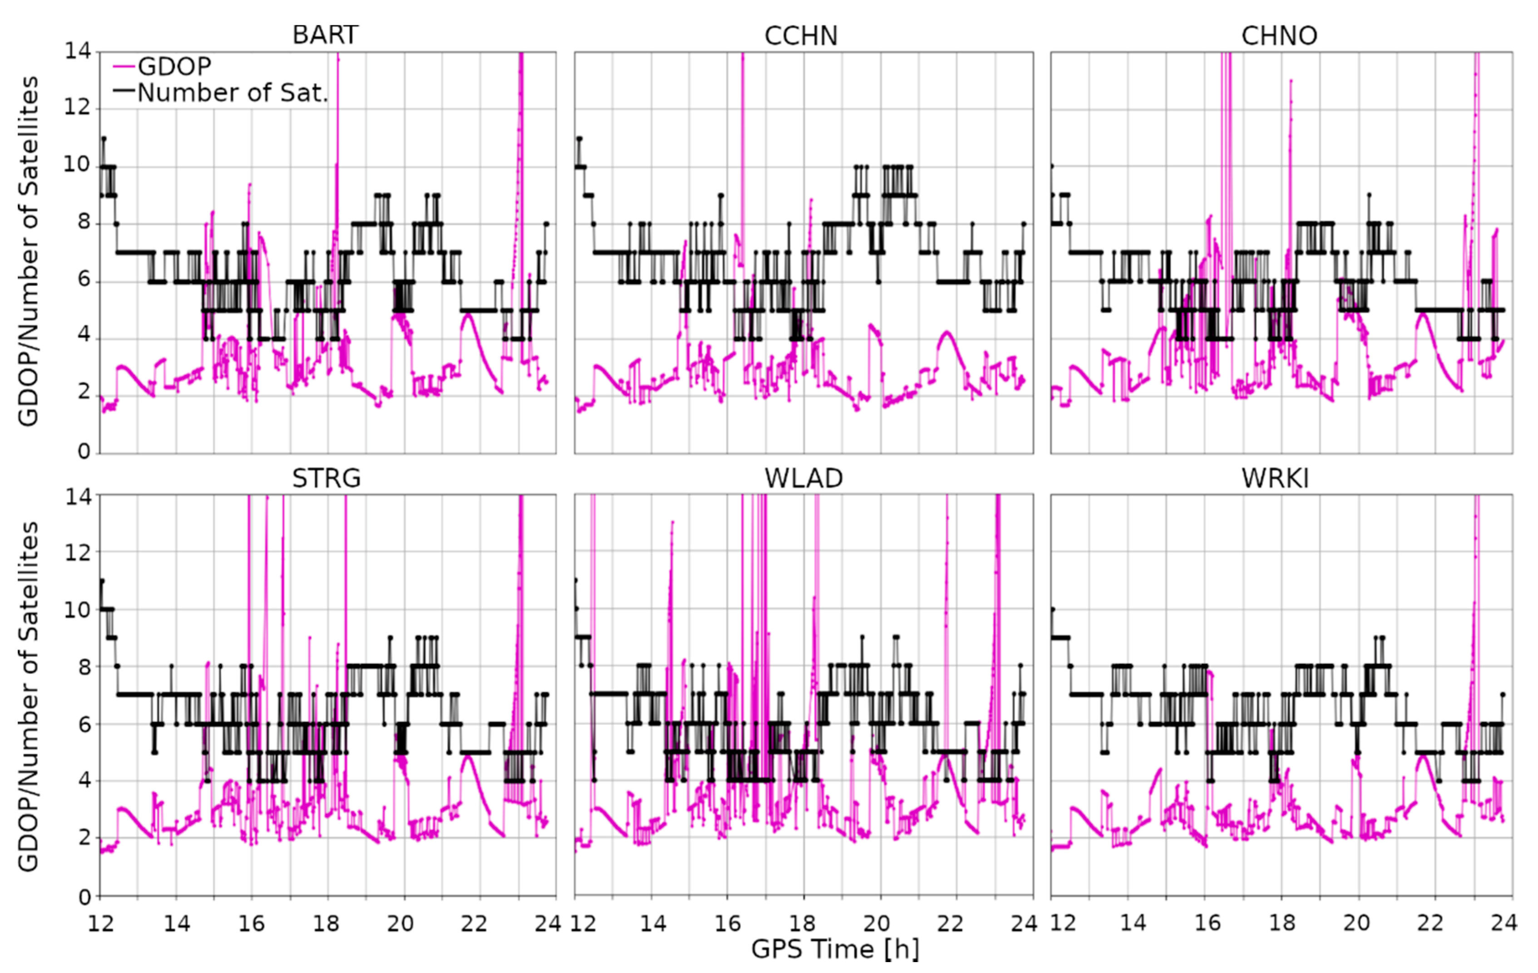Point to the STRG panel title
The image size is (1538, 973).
[x=326, y=478]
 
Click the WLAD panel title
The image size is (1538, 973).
[x=804, y=478]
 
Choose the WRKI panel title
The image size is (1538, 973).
[x=1275, y=478]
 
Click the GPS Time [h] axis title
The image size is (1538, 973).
[x=835, y=949]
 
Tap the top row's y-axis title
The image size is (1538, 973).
[x=28, y=251]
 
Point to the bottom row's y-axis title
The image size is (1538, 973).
[x=28, y=696]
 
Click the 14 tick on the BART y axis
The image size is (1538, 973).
[x=77, y=51]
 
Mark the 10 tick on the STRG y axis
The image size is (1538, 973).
[x=77, y=609]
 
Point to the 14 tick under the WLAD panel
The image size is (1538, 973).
[x=653, y=923]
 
